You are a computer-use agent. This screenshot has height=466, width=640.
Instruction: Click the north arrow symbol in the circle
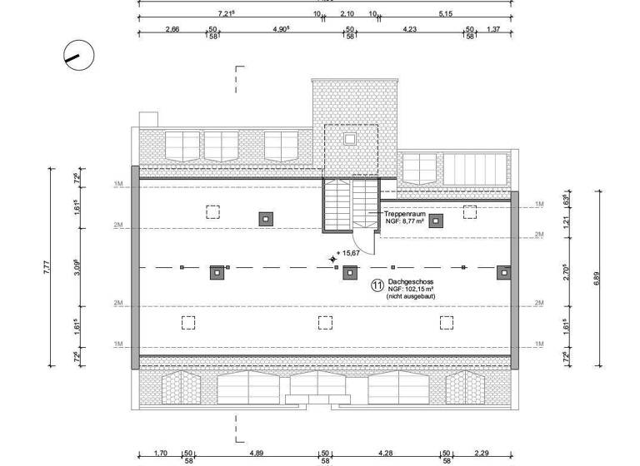(79, 57)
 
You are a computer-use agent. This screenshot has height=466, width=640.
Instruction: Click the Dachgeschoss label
(411, 282)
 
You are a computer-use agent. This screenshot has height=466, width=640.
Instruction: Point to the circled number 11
(377, 285)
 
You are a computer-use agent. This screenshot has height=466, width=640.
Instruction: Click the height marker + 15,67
(348, 253)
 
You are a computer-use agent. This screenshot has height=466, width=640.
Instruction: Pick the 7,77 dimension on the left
(47, 267)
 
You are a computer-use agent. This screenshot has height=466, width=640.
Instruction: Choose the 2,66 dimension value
(172, 29)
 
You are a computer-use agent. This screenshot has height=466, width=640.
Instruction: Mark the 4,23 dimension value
(409, 29)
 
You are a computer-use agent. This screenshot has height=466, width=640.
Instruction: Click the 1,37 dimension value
(493, 29)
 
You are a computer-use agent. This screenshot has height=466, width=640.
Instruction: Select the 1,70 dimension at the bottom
(162, 454)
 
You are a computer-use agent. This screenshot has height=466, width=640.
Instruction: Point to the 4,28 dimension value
(385, 454)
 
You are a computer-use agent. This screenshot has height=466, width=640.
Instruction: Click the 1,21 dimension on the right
(565, 222)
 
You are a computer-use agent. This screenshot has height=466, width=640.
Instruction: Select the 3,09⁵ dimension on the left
(77, 267)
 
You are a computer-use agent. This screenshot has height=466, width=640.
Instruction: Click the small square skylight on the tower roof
(350, 138)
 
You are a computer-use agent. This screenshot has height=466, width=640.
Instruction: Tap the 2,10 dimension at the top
(347, 14)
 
